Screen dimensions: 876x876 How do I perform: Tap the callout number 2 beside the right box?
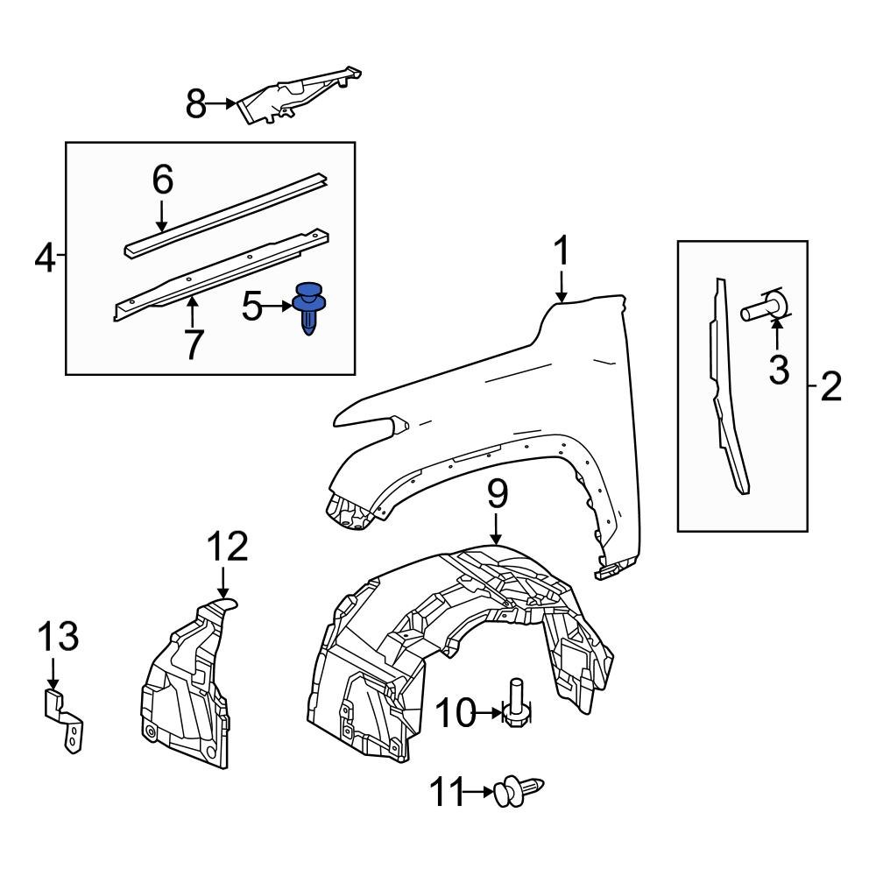[x=829, y=385]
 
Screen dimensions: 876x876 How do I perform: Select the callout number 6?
[x=193, y=344]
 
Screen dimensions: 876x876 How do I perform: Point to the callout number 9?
[x=455, y=715]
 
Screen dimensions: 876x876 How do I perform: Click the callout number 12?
[x=57, y=636]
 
